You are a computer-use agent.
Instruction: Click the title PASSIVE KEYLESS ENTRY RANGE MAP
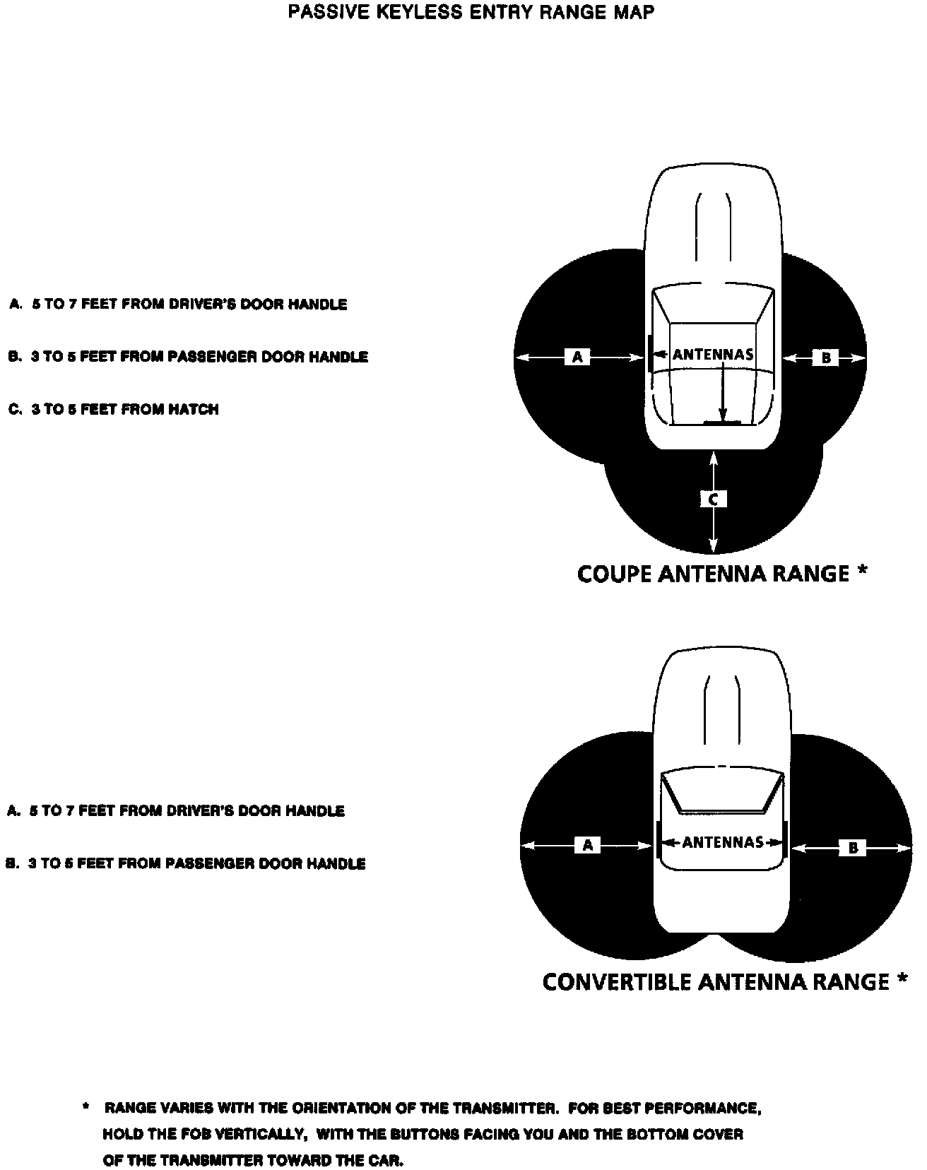(x=471, y=12)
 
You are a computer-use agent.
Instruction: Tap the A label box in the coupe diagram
(x=577, y=357)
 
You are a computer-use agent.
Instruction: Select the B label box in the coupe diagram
(x=825, y=358)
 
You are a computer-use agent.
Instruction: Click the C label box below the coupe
(x=714, y=500)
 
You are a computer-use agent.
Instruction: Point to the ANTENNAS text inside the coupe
(x=712, y=354)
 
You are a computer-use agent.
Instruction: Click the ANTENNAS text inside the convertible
(x=723, y=842)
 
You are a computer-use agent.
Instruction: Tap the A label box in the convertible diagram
(x=588, y=844)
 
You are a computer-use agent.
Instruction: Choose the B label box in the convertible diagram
(x=852, y=847)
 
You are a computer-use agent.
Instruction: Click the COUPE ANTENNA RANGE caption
(x=713, y=574)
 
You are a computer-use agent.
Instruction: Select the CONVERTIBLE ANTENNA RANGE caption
(x=716, y=982)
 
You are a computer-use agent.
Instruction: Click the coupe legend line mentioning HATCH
(x=114, y=409)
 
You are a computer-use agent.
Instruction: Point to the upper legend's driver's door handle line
(x=178, y=305)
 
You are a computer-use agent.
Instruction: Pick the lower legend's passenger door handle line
(x=186, y=863)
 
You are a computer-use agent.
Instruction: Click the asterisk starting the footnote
(x=86, y=1106)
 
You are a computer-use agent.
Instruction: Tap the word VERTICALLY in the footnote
(x=260, y=1135)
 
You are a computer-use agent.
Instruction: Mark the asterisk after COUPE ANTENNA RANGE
(x=861, y=571)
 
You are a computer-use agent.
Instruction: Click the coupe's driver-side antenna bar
(x=648, y=353)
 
